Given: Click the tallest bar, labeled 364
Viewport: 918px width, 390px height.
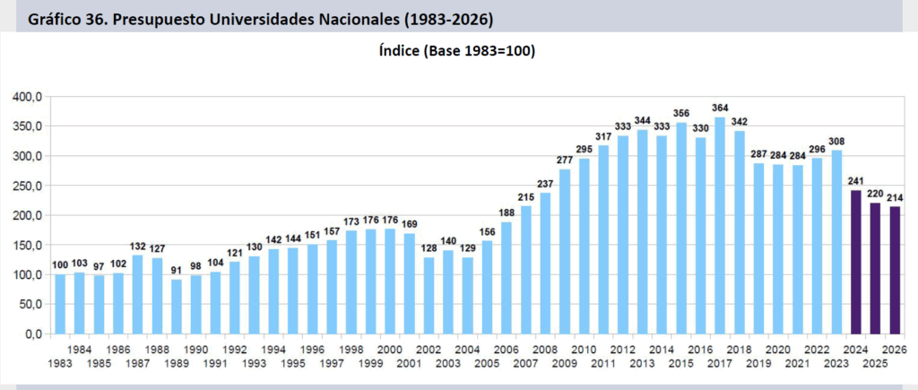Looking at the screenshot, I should point(720,225).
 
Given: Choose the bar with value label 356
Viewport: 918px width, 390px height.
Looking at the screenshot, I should point(681,228).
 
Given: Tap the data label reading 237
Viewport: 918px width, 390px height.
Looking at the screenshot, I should point(545,184).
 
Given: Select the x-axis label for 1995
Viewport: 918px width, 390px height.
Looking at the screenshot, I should point(293,363).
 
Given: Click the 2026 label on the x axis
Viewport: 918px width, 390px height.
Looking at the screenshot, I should point(895,350).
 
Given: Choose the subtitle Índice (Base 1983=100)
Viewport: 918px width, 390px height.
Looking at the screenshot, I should point(458,51).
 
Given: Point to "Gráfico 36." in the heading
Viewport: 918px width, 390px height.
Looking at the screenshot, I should point(65,17).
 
